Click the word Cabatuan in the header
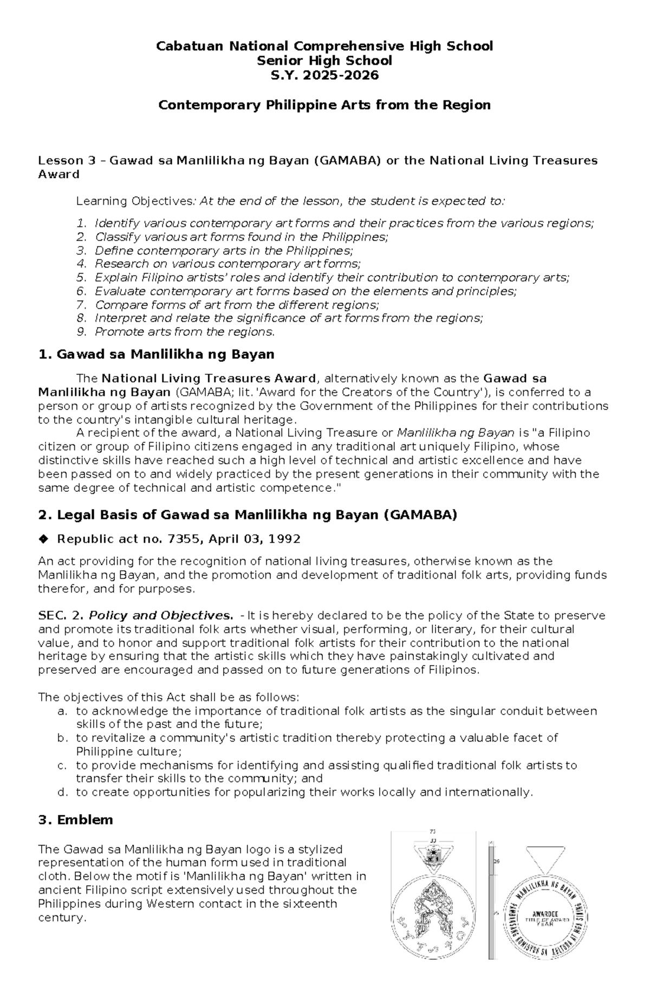181,46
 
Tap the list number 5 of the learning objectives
81,278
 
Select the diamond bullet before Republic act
43,539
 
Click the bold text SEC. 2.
61,616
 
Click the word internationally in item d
488,792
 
